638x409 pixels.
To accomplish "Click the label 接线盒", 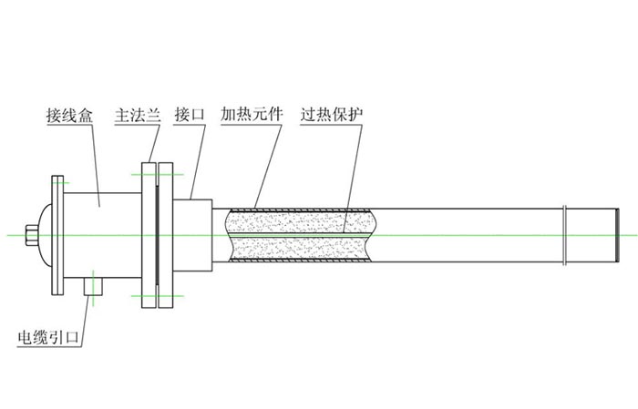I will tap(70, 117).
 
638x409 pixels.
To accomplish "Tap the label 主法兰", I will tap(138, 117).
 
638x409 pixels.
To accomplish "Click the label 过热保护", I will tap(333, 117).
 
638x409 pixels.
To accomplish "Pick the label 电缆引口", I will tap(50, 337).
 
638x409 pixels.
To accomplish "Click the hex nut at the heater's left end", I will tap(34, 234).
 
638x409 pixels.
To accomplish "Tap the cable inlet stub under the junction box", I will tap(94, 285).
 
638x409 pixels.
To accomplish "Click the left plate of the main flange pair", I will tap(148, 234).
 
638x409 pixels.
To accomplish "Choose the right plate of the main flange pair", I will tap(165, 234).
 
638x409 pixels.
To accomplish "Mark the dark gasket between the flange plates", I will tap(156, 234).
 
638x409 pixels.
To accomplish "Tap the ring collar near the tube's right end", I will tap(567, 234).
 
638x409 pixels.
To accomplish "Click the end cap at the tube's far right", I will tap(617, 234).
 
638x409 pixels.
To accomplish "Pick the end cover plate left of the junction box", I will tap(57, 232).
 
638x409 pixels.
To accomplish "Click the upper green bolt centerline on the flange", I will tap(157, 173).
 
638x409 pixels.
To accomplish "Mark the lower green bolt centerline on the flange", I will tap(157, 296).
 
